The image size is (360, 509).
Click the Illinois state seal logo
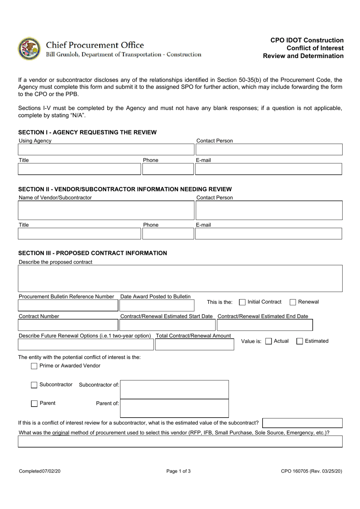29,49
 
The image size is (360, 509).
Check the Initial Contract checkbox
243,302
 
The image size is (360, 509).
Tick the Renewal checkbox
293,302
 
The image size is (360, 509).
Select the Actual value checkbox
269,341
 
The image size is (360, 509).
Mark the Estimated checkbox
300,341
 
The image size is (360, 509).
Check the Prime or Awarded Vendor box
34,366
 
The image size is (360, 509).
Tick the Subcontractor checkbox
34,385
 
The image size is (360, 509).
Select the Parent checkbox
34,404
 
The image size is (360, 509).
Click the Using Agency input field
106,149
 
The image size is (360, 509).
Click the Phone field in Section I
168,169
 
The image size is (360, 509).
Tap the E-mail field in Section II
268,234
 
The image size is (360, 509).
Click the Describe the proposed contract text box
180,278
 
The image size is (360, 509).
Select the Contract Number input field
68,325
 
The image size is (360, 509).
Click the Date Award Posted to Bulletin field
157,305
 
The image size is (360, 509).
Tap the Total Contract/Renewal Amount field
194,344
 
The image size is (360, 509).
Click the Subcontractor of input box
174,390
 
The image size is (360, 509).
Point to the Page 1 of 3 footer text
178,471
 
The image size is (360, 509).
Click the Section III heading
92,253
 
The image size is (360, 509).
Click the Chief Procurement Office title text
95,45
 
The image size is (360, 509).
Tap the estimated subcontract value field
302,423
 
